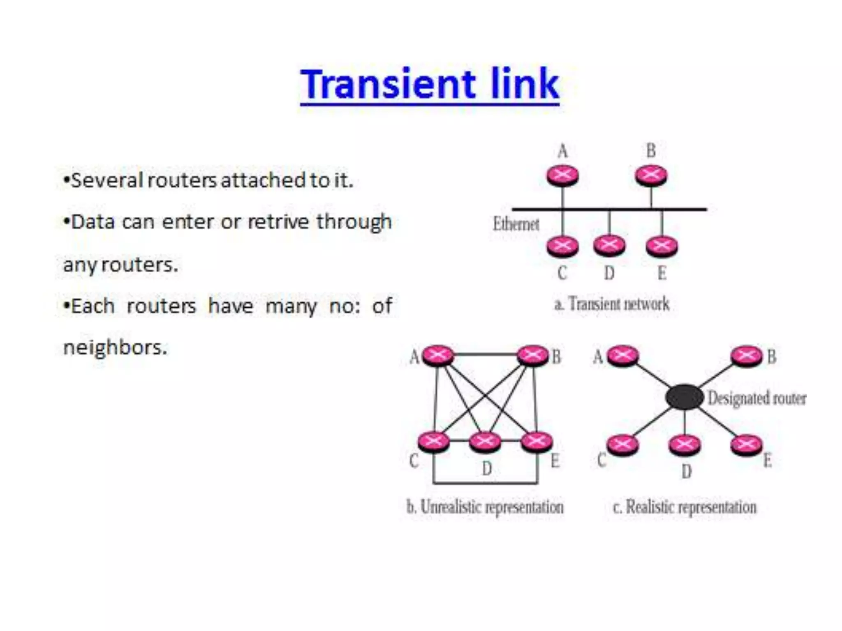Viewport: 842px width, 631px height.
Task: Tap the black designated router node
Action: coord(685,397)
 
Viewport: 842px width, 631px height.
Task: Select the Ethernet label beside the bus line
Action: coord(516,224)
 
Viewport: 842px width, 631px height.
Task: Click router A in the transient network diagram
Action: coord(562,175)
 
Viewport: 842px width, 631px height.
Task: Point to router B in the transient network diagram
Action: coord(651,175)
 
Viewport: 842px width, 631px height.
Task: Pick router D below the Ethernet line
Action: coord(609,245)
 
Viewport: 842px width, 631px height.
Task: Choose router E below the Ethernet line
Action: coord(662,246)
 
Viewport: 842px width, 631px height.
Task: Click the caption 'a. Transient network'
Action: coord(612,304)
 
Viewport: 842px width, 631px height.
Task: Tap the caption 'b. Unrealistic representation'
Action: coord(485,507)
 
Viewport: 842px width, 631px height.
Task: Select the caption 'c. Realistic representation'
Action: coord(685,507)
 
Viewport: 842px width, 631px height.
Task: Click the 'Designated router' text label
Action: coord(757,398)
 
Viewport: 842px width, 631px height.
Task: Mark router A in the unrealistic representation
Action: coord(438,355)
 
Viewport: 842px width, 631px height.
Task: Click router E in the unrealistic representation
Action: coord(537,442)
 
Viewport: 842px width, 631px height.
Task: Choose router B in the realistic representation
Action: coord(746,355)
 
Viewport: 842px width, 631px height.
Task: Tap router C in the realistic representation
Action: coord(623,444)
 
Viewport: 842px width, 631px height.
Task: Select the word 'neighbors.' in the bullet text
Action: coord(116,348)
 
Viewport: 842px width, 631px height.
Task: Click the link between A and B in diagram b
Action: coord(485,354)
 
